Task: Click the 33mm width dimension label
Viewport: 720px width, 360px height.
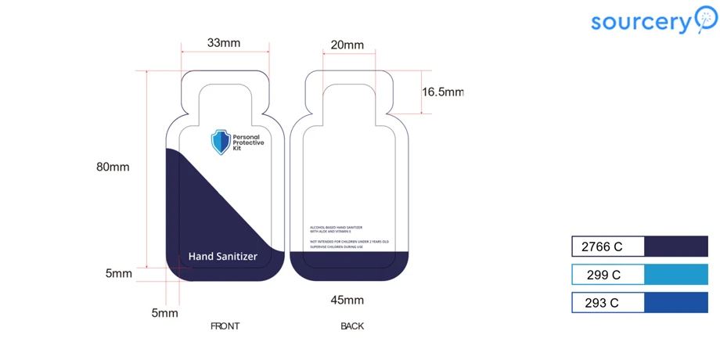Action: coord(224,43)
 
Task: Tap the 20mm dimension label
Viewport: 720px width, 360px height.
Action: coord(347,45)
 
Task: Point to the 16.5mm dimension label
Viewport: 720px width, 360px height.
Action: coord(443,92)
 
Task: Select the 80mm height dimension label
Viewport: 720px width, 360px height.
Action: coord(113,167)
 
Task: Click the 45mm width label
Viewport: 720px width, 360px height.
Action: coord(347,300)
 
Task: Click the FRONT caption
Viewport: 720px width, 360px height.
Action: coord(225,326)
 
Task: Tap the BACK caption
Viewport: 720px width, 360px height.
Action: coord(352,326)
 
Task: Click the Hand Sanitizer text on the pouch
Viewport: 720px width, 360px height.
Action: coord(223,256)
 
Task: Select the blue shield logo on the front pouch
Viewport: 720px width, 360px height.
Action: coord(221,142)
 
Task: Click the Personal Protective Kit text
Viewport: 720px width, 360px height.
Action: coord(249,142)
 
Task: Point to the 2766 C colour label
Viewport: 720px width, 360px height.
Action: coord(602,247)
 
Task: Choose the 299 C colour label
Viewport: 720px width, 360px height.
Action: coord(603,275)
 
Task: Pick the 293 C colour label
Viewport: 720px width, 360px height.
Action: coord(602,303)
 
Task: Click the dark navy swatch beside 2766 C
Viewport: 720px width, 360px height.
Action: coord(675,247)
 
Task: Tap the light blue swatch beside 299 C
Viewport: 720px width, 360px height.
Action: coord(675,275)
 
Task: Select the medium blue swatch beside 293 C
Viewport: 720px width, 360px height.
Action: coord(675,303)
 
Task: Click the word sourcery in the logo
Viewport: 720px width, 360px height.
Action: coord(641,22)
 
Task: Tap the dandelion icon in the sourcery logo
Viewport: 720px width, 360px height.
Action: coord(705,19)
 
